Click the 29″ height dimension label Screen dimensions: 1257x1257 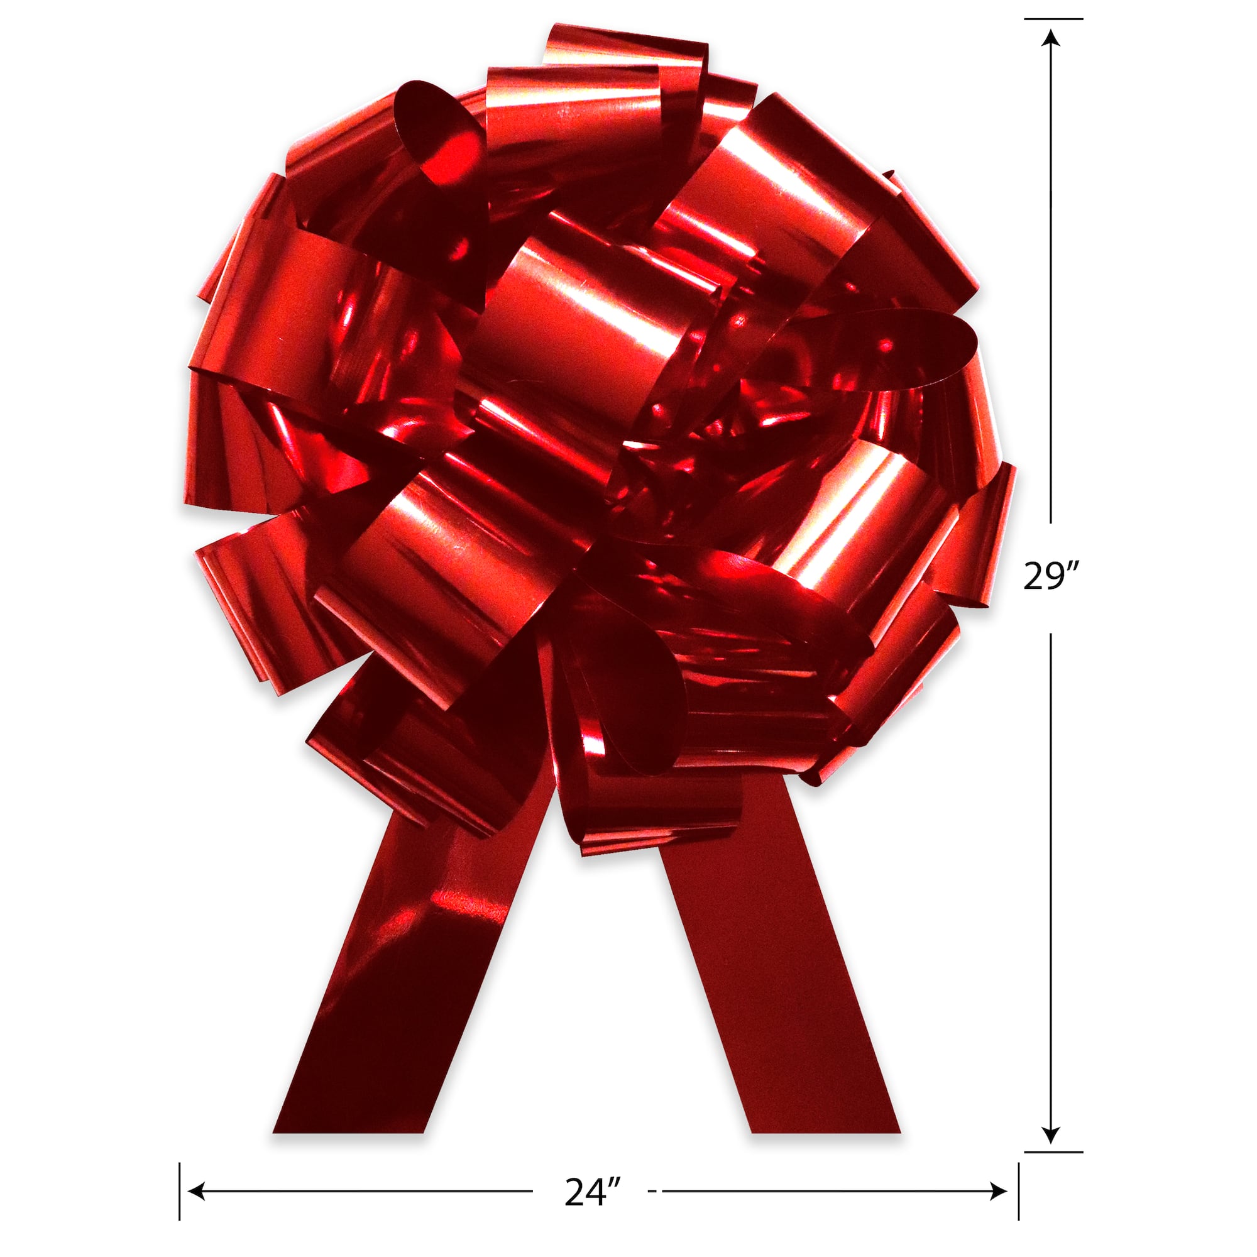(x=1050, y=576)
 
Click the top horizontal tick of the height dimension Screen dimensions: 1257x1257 (x=1053, y=19)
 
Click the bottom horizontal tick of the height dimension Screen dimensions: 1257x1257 (x=1053, y=1134)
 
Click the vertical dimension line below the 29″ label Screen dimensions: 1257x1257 (x=1051, y=865)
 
